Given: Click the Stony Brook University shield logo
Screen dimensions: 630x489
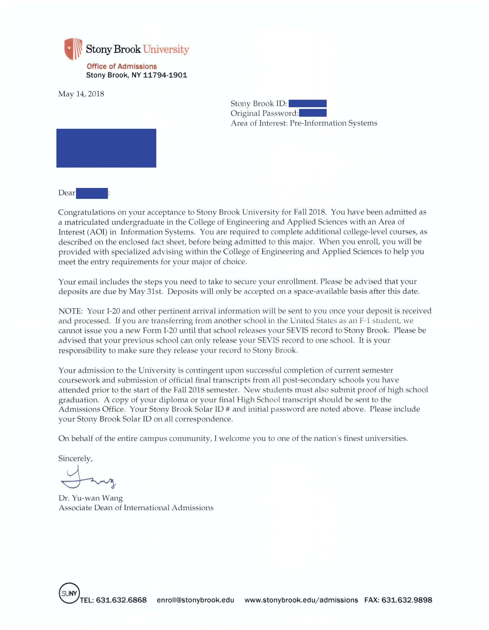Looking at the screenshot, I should (x=73, y=49).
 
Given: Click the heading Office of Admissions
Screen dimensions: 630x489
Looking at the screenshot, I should (x=121, y=66).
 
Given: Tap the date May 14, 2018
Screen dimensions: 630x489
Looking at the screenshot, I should (x=81, y=94).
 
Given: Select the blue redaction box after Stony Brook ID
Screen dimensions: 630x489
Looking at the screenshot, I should (x=307, y=103).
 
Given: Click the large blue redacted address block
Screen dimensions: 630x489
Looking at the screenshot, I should (x=106, y=148).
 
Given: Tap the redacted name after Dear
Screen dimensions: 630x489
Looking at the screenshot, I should (x=92, y=193).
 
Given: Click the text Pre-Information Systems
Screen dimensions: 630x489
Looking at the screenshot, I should (x=333, y=123).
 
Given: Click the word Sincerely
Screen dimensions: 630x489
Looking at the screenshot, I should (x=75, y=459).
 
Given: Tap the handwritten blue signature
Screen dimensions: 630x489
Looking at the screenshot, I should (x=87, y=479).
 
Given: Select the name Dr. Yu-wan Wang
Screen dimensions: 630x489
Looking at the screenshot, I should (x=90, y=498).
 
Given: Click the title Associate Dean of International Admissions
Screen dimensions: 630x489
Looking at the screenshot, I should (x=136, y=508).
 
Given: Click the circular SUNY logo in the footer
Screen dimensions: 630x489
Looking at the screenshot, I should (x=69, y=593).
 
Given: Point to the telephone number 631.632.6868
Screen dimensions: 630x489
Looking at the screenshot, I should (x=121, y=600).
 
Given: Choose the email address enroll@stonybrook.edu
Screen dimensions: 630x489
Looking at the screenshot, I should (x=195, y=600).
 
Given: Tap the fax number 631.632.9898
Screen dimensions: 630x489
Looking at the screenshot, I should (x=407, y=600).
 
